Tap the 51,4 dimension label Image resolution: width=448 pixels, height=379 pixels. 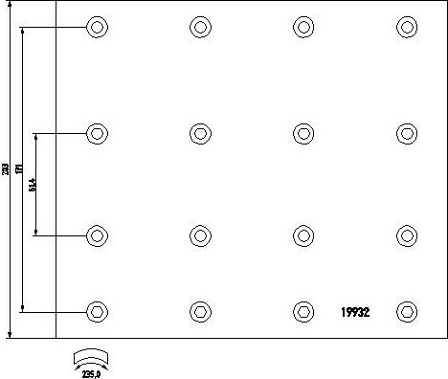pos(32,185)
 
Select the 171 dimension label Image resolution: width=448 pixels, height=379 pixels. pos(19,168)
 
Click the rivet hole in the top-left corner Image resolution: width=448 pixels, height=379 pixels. pos(97,27)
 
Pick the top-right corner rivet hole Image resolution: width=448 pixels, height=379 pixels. pos(407,27)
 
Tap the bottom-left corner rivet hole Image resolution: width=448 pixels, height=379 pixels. pos(97,311)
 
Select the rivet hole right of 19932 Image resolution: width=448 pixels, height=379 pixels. pos(407,311)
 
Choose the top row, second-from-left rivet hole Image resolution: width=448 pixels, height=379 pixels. pos(200,27)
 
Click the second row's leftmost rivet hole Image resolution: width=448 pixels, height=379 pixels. pos(97,133)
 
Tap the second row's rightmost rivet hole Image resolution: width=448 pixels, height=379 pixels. pos(407,133)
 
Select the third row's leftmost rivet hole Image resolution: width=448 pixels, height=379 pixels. pos(97,235)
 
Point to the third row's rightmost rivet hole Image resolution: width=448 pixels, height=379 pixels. pos(407,235)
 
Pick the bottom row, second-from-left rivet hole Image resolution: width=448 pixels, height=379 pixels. pos(200,311)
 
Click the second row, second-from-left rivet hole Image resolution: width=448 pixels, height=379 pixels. pos(200,133)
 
